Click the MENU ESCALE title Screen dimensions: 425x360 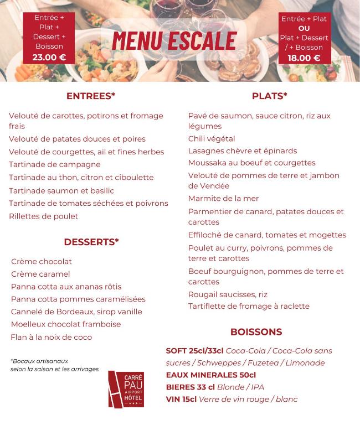click(174, 40)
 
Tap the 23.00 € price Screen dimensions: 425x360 click(49, 56)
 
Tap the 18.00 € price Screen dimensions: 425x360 click(304, 58)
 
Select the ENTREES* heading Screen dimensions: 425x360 click(91, 96)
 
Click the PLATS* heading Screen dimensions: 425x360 click(270, 96)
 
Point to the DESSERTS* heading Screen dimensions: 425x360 click(91, 242)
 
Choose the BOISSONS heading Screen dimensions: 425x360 click(256, 332)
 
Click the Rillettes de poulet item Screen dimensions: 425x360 click(44, 216)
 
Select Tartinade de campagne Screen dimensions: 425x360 click(55, 164)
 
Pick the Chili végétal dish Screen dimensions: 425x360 click(212, 139)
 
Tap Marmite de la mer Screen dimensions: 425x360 click(224, 198)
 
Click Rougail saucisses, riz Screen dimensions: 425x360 click(228, 294)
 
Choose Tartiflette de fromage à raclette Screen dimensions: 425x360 click(249, 306)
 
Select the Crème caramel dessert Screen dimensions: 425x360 click(40, 274)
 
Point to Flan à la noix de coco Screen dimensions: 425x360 click(52, 337)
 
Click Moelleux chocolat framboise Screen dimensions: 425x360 click(66, 324)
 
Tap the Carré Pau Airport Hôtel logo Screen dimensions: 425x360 click(126, 389)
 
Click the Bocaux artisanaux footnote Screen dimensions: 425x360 click(54, 365)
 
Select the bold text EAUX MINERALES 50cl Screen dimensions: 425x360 click(211, 375)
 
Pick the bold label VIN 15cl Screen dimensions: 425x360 click(181, 399)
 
